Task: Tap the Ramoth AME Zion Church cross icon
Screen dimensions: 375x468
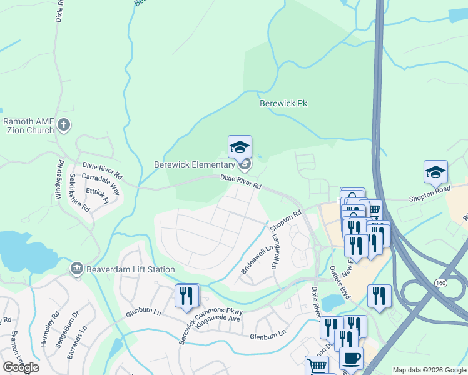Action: point(63,126)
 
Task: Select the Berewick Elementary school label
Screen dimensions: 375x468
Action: point(194,165)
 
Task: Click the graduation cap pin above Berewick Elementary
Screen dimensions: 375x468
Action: point(240,147)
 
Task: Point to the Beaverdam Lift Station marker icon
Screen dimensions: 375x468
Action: point(77,269)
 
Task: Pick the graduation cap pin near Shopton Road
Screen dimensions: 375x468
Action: point(435,172)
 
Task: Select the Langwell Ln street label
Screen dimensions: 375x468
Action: point(274,253)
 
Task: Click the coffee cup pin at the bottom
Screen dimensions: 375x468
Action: point(350,359)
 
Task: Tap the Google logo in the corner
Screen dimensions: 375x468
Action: point(21,367)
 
